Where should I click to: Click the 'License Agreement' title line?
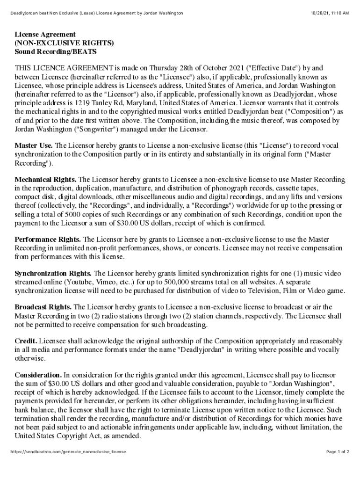coord(45,35)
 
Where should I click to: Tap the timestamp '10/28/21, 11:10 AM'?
coord(330,13)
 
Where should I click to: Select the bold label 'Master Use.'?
coord(34,145)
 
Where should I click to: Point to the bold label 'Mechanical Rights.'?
coord(46,180)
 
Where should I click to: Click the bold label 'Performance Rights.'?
coord(48,239)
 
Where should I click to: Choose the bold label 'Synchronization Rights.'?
coord(53,273)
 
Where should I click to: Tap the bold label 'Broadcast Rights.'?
coord(43,307)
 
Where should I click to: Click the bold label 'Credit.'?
coord(26,341)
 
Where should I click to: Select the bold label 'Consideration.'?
coord(38,375)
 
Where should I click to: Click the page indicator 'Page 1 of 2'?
coord(338,452)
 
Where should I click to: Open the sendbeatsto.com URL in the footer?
coord(68,452)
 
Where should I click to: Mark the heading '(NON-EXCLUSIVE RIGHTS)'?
coord(64,43)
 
